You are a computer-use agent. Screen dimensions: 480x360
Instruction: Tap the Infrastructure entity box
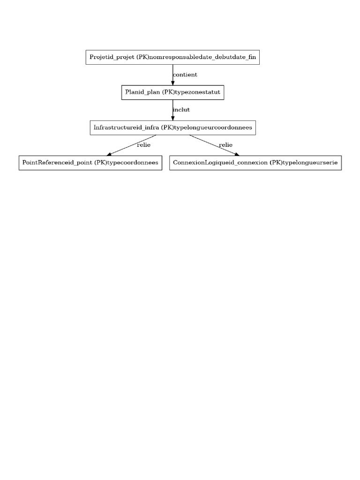[172, 127]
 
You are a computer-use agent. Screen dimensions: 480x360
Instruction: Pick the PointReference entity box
[90, 163]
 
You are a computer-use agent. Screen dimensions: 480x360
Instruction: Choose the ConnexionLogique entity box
[255, 163]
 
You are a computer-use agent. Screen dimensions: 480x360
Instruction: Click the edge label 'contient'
[185, 75]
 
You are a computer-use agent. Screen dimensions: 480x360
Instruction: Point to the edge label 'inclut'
[181, 110]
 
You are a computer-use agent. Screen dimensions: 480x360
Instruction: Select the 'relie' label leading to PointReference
[143, 145]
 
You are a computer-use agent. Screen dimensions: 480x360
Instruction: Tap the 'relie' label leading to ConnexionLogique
[225, 145]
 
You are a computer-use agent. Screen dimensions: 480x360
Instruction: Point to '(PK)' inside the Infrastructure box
[165, 127]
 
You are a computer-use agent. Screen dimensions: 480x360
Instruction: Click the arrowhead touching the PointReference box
[110, 153]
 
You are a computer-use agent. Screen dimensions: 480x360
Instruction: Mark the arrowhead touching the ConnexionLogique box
[237, 153]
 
